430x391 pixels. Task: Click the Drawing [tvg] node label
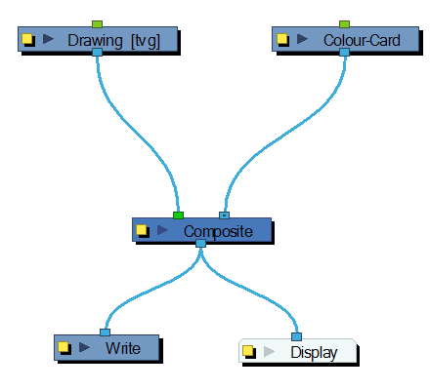click(113, 41)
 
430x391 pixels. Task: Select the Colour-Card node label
click(362, 40)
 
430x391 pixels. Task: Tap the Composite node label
click(218, 232)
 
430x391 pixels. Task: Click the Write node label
click(123, 348)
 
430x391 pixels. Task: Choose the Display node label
click(314, 353)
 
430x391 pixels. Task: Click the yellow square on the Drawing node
click(27, 39)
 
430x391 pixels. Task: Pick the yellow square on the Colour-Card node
click(282, 39)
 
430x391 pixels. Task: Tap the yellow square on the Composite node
click(142, 229)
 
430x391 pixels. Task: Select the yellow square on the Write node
click(64, 347)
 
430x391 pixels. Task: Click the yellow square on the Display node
click(248, 351)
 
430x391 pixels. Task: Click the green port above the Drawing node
click(97, 24)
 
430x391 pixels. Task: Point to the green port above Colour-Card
click(344, 24)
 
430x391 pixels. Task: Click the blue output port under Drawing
click(97, 52)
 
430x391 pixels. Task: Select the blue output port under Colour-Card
click(344, 52)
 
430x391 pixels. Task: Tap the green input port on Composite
click(178, 215)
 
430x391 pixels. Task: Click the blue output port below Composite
click(200, 243)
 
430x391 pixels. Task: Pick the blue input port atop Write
click(105, 332)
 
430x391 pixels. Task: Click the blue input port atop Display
click(296, 336)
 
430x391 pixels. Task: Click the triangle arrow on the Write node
click(84, 347)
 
